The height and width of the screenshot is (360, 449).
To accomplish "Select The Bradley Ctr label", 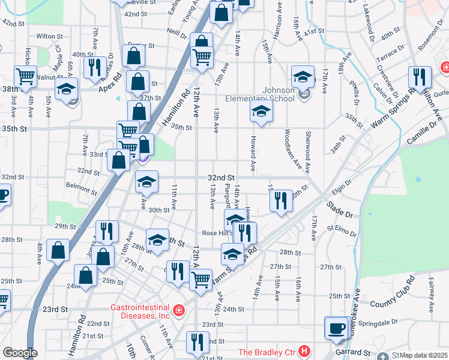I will pos(268,352).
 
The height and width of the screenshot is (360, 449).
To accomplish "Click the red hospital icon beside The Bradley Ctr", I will pos(305,351).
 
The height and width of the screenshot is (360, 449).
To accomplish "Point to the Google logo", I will pos(19,353).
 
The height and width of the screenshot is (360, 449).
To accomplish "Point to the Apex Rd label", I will pos(110,77).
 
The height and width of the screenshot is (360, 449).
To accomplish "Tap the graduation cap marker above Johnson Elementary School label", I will pos(303,76).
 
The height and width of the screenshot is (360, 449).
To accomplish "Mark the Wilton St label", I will pos(50,36).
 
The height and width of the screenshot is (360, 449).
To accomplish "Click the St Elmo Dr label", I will pos(341,229).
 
